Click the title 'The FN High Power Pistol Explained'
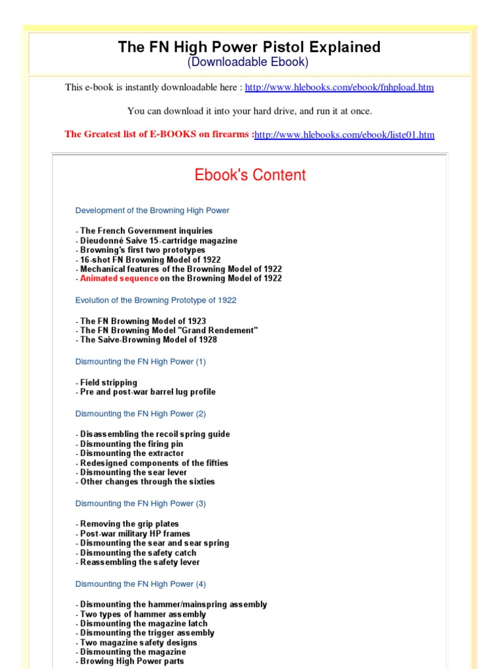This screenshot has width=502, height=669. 249,47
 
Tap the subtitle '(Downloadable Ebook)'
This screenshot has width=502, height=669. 248,63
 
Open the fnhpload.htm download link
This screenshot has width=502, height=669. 339,88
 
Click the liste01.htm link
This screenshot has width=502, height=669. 344,135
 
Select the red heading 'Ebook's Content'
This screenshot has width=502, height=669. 250,175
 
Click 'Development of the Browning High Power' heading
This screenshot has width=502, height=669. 152,210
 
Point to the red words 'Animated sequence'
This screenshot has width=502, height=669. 119,278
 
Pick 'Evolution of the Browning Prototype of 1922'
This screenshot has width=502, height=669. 156,301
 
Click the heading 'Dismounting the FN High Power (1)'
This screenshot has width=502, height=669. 141,362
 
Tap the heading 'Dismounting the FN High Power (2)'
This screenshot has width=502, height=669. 141,414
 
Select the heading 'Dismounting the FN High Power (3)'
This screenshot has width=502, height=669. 141,504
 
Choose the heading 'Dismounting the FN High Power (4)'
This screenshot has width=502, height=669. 141,584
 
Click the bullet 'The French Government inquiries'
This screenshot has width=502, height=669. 146,231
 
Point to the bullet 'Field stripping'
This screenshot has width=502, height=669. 109,383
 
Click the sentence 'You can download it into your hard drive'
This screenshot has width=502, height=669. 250,111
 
